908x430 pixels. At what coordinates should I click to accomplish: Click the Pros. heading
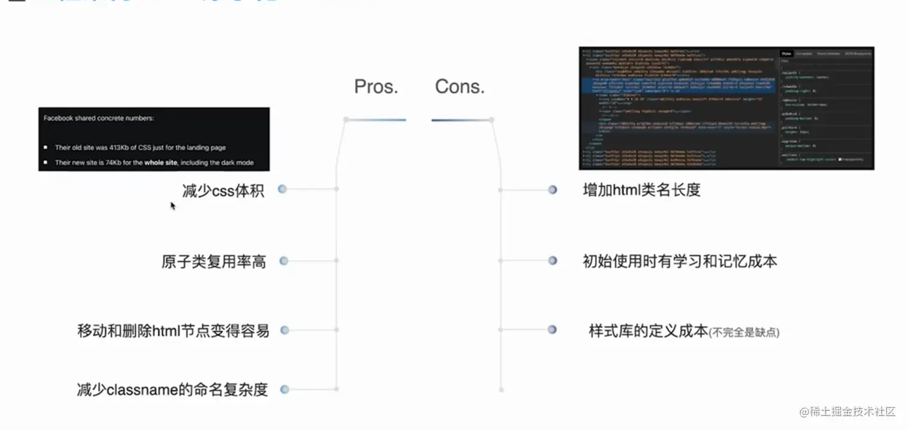[x=377, y=86]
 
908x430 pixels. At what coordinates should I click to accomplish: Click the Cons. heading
[x=459, y=86]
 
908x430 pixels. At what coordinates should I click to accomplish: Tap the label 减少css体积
[x=223, y=190]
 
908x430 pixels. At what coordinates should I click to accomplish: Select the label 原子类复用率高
[x=214, y=262]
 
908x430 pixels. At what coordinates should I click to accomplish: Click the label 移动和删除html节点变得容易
[x=173, y=330]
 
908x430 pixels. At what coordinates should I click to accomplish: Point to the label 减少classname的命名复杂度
[x=172, y=390]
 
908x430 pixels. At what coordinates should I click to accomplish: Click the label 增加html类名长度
[x=641, y=190]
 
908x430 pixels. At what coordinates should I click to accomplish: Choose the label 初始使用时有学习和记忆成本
[x=680, y=261]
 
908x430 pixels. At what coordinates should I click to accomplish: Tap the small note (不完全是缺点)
[x=744, y=332]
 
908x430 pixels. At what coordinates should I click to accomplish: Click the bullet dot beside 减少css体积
[x=282, y=189]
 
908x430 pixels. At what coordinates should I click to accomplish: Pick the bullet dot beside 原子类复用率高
[x=284, y=261]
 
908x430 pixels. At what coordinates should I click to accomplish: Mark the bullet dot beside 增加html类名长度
[x=552, y=190]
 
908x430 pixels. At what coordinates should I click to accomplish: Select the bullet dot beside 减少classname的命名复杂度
[x=285, y=389]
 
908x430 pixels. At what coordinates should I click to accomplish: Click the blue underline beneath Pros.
[x=376, y=120]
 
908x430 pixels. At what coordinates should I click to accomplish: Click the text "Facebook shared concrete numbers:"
[x=98, y=118]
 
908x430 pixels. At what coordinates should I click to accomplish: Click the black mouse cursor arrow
[x=173, y=205]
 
